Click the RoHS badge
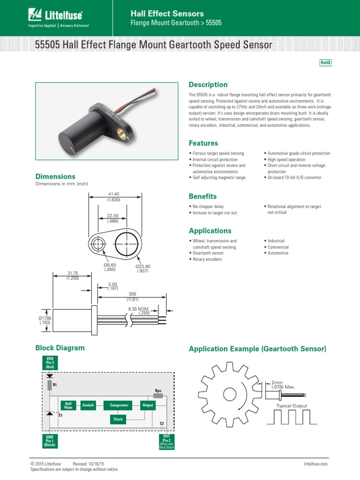[x=325, y=63]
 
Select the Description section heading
[x=208, y=85]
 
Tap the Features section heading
[x=203, y=143]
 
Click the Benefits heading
[x=202, y=196]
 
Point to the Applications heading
[x=210, y=231]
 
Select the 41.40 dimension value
[x=114, y=194]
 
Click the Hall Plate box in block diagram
[x=68, y=405]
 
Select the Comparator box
[x=119, y=405]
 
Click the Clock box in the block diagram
[x=118, y=419]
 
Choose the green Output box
[x=148, y=405]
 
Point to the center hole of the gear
[x=229, y=394]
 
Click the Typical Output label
[x=292, y=406]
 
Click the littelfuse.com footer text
[x=315, y=464]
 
